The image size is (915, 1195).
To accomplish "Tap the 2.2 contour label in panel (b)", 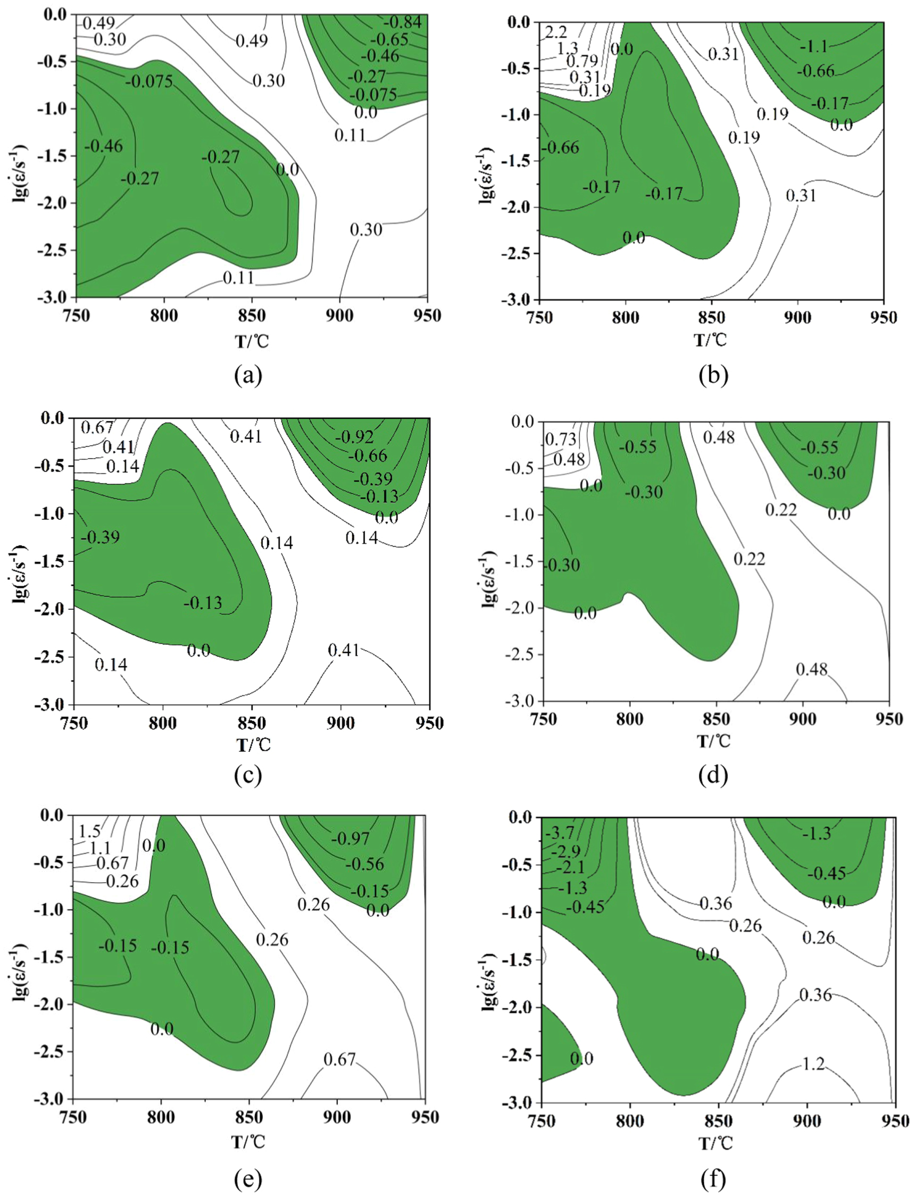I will [x=555, y=32].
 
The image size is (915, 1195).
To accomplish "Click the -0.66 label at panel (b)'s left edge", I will [x=563, y=147].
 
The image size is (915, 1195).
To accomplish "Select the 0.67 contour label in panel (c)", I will [x=97, y=428].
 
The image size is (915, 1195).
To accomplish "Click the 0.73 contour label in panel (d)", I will [x=561, y=439].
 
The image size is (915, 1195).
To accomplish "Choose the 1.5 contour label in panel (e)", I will [x=90, y=831].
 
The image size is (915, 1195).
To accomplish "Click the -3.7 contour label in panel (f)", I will [x=559, y=833].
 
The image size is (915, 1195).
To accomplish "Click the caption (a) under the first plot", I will [x=248, y=375].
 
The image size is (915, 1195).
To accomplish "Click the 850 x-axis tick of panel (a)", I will [x=252, y=316].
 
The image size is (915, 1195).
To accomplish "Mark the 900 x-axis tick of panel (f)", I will [x=806, y=1121].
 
